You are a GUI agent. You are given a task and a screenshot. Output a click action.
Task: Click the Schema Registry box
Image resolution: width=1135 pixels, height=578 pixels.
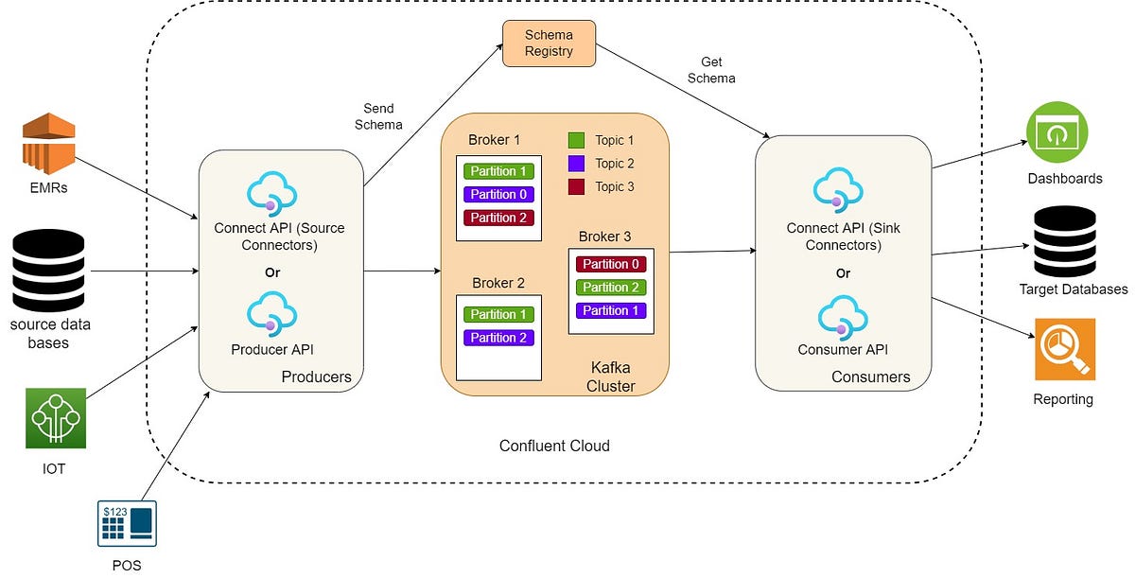[x=549, y=44]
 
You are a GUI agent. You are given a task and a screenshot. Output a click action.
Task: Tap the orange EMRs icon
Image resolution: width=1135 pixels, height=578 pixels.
[x=48, y=142]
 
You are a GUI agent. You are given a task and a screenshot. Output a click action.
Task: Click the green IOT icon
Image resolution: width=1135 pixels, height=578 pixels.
[x=55, y=418]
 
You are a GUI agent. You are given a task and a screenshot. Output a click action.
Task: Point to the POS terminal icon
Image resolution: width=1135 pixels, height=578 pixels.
[x=127, y=523]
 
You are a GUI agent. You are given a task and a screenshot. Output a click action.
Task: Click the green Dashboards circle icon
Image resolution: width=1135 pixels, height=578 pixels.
[x=1057, y=132]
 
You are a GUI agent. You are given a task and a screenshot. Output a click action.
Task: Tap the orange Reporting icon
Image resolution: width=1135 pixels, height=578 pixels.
[x=1064, y=349]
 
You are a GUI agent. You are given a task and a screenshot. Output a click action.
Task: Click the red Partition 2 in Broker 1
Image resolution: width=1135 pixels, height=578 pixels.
[x=498, y=218]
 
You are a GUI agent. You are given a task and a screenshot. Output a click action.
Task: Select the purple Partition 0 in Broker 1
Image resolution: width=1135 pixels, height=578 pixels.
[x=498, y=195]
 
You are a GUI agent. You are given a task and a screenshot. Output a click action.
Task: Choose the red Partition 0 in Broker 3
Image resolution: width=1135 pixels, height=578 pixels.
[x=610, y=264]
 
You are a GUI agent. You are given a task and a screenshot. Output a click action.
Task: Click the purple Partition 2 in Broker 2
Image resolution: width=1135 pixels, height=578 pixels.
[x=498, y=338]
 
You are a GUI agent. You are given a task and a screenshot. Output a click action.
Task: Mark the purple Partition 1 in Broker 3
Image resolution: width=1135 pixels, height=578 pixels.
[x=610, y=310]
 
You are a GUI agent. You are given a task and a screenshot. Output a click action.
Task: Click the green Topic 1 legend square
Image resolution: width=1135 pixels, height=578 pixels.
[x=576, y=140]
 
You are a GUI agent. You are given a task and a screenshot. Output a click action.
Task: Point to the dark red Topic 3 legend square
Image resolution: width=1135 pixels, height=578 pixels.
[x=576, y=186]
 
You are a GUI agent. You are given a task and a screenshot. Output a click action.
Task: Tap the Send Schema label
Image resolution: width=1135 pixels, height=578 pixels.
[x=378, y=116]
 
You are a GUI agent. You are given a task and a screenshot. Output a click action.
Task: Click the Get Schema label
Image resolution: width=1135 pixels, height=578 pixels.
[x=711, y=70]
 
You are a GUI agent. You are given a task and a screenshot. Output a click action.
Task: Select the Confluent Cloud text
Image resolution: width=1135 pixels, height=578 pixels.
[x=554, y=446]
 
